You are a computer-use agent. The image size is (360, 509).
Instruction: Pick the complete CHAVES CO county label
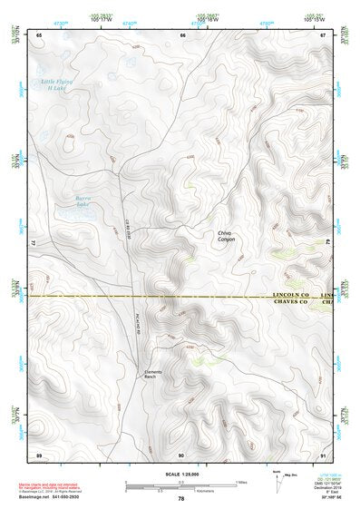(x=291, y=303)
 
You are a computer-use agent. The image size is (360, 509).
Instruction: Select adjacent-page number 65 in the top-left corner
(x=39, y=34)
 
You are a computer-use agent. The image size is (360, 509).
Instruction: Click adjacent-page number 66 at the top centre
(x=182, y=34)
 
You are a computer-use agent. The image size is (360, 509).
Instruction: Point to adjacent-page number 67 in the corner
(x=324, y=34)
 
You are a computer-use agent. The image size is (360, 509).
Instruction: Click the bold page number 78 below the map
(x=181, y=499)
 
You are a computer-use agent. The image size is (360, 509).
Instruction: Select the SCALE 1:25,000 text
(x=181, y=474)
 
